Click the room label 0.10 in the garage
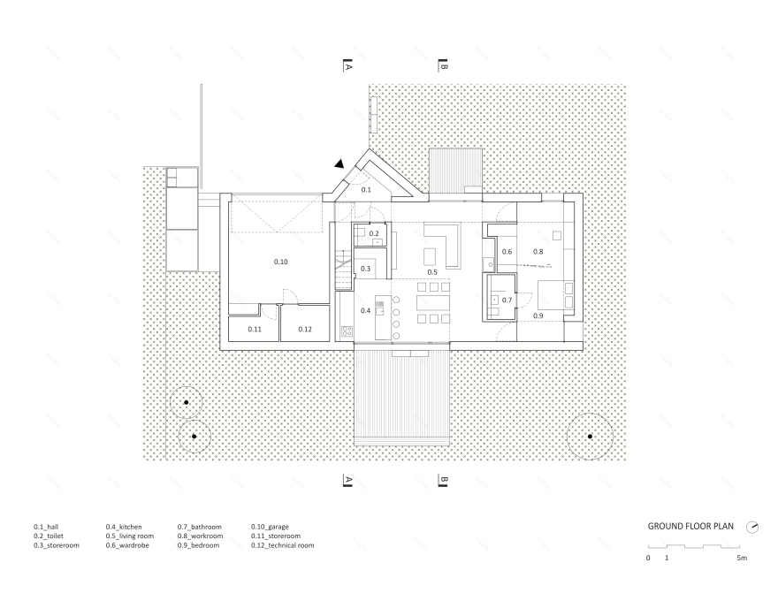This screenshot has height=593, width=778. tap(281, 262)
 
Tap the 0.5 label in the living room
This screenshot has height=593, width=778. tap(433, 272)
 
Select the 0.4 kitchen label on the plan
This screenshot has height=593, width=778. tap(365, 310)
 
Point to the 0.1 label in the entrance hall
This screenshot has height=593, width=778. tap(367, 190)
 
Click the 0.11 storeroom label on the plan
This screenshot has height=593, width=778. tap(255, 330)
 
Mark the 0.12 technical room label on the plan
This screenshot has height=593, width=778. tap(305, 330)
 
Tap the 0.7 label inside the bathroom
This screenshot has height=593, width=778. tap(507, 300)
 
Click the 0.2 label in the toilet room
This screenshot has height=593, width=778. tap(374, 234)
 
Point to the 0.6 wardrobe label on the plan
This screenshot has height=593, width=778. tap(507, 253)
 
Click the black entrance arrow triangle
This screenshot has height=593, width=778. tap(339, 163)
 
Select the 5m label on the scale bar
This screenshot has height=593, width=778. tap(741, 559)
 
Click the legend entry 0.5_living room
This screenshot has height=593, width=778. tap(129, 536)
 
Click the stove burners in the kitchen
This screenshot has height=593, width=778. tap(347, 332)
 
